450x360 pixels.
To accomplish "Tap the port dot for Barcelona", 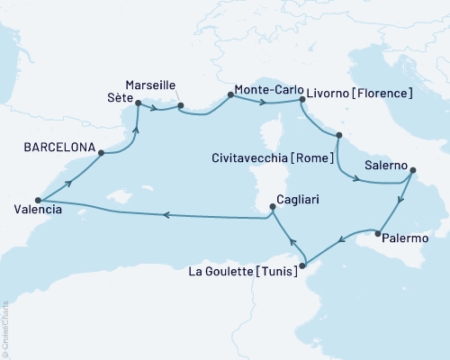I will [101, 153].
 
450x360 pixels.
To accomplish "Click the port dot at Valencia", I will [38, 200].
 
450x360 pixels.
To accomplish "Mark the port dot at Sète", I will [138, 103].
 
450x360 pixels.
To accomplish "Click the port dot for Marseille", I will [181, 106].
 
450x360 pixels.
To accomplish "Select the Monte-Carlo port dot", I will [231, 95].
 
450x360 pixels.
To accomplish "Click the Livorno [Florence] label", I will [360, 93].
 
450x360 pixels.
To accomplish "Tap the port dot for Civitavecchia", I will [338, 136].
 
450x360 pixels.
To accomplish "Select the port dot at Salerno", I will [411, 169].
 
